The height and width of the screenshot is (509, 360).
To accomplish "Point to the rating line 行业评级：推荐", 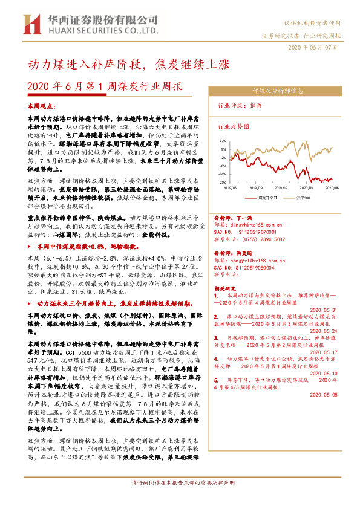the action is [x=248, y=105].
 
